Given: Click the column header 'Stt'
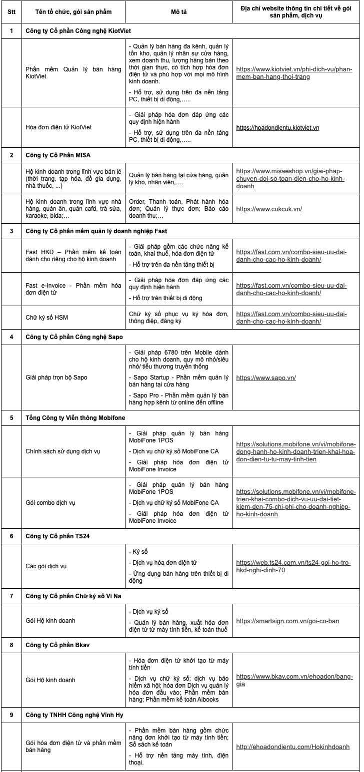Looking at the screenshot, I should tap(11, 11).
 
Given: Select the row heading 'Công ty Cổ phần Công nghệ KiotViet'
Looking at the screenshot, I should tap(78, 31).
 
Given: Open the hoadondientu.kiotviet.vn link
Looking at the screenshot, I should tap(277, 128).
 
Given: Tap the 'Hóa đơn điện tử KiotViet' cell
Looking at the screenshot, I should tap(58, 127).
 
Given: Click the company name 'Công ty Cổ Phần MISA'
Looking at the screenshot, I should tap(58, 155).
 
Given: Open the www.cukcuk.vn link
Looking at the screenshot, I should tap(269, 209).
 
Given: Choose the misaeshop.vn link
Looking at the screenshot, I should tap(290, 179).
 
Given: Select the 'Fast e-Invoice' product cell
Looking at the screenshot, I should tap(73, 289).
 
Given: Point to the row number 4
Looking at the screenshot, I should tap(11, 337).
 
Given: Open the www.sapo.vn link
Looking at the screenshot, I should tap(265, 378).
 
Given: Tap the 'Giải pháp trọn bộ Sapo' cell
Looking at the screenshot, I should tap(56, 378).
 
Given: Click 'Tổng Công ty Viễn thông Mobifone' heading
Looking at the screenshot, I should tap(75, 418).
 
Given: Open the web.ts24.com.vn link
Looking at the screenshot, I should tap(293, 566).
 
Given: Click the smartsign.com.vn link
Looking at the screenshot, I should tap(287, 621).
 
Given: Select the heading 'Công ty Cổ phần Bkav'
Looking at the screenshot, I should tap(57, 645).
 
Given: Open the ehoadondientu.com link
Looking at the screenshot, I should tap(292, 747).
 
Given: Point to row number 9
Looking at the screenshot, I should tap(11, 715).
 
